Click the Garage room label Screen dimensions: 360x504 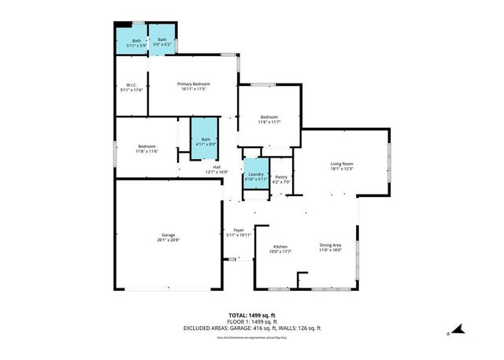168,235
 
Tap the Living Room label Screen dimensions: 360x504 341,164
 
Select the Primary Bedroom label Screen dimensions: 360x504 192,84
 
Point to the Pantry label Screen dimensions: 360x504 281,177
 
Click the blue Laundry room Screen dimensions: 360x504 255,175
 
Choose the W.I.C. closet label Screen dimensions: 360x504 132,85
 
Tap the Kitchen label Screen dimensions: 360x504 269,247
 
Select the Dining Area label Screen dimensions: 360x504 330,247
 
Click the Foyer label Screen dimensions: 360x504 239,230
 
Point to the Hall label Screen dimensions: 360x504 217,167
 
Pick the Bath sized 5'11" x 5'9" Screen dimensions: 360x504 136,41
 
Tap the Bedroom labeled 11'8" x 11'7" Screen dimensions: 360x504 269,117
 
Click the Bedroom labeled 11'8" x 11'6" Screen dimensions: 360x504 146,147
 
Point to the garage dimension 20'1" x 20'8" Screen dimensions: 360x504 168,239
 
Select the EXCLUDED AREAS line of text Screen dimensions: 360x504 252,328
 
